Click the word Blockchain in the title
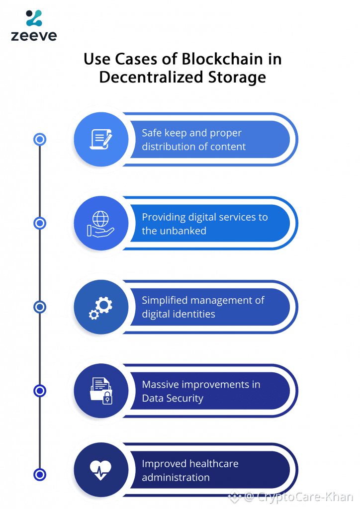(218, 60)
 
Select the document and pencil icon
(101, 139)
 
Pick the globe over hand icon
(101, 223)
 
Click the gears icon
(101, 307)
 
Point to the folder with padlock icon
(101, 391)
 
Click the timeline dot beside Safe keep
(40, 140)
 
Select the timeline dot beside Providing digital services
(40, 223)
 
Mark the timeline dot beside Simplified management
(40, 307)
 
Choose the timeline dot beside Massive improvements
(40, 391)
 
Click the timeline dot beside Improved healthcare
(40, 474)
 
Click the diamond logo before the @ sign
(234, 496)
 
